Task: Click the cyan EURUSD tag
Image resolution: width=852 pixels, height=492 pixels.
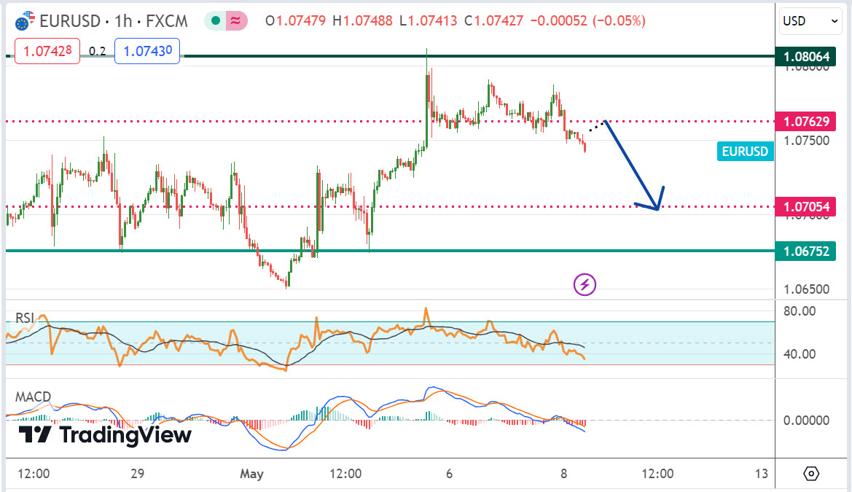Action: tap(745, 152)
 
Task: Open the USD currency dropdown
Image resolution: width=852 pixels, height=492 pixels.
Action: tap(810, 21)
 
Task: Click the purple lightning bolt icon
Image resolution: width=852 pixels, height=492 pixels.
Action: tap(585, 284)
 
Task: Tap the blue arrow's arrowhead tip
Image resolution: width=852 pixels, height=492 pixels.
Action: tap(657, 210)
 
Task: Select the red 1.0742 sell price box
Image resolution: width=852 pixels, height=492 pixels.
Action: tap(46, 52)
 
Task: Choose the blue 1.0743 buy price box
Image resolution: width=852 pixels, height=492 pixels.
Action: tap(147, 52)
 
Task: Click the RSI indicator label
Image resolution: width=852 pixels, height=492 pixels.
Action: tap(26, 317)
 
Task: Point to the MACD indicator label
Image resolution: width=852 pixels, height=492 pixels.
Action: tap(34, 397)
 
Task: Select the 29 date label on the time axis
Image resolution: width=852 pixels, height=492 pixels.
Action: tap(138, 474)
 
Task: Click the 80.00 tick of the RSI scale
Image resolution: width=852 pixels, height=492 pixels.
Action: tap(799, 311)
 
